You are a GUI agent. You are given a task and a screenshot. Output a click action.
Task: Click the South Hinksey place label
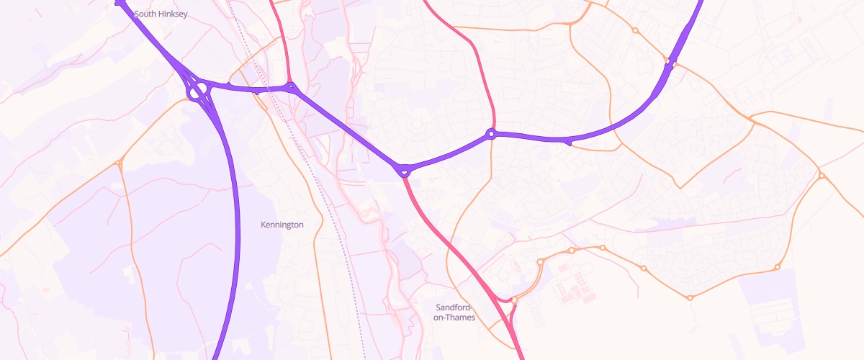tap(161, 14)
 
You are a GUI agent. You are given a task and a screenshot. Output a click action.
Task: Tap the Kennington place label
tap(282, 225)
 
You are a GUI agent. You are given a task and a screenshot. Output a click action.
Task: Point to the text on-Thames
tap(454, 318)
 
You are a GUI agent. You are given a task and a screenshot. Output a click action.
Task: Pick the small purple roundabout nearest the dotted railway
tap(292, 89)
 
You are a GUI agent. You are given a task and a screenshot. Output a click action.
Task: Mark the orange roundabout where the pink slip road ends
tap(515, 300)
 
